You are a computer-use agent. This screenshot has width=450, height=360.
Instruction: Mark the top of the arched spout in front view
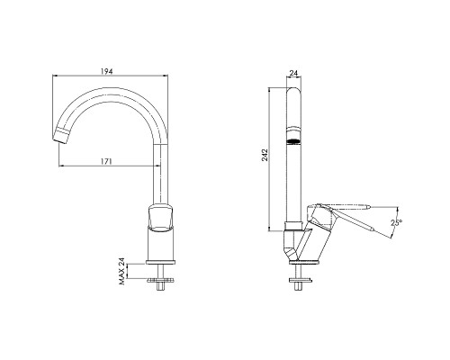(117, 88)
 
